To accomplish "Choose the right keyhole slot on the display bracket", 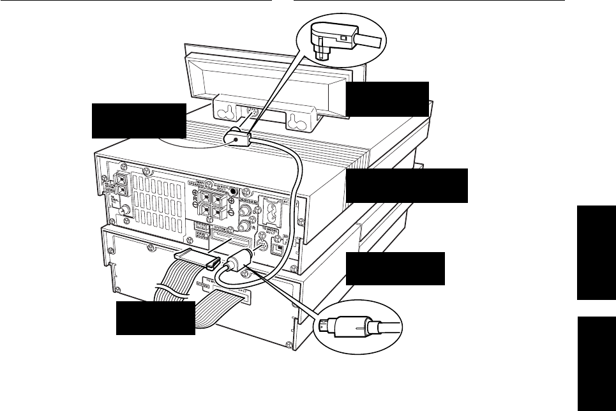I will [294, 120].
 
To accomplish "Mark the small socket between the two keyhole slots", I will [252, 114].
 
